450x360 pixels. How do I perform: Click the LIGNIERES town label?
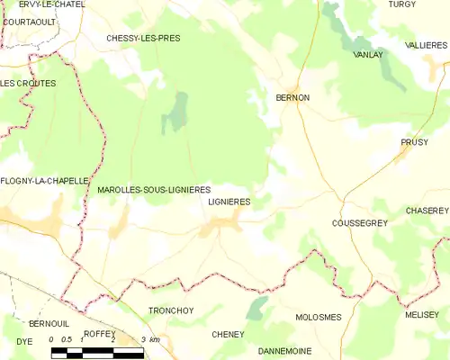229,202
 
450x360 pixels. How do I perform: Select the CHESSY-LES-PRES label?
143,39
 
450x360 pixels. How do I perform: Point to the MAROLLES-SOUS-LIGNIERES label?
153,190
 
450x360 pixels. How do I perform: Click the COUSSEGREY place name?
359,222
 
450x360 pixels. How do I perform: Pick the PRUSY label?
414,142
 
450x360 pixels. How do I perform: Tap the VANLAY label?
369,55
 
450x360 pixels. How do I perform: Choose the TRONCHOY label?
171,310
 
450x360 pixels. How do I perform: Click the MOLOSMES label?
319,318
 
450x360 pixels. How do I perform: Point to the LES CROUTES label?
28,84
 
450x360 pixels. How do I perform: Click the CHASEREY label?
427,210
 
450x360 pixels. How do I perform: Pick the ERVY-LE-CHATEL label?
51,4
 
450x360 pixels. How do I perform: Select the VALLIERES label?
426,44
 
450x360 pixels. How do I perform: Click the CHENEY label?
228,334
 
